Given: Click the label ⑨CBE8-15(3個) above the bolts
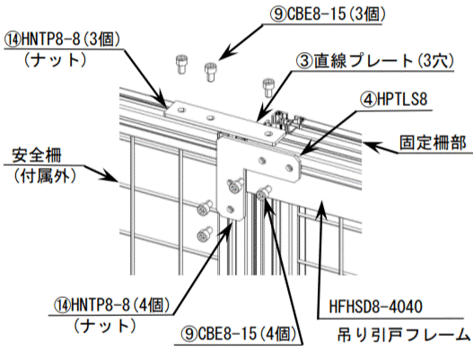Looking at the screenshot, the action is tap(328, 14).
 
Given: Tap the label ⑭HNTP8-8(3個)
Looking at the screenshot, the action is tap(62, 40).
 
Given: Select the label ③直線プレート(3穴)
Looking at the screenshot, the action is tap(374, 61).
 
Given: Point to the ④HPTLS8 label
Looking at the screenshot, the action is tap(394, 100).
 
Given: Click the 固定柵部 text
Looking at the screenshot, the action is tap(433, 143).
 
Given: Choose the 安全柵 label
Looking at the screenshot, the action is tap(37, 155).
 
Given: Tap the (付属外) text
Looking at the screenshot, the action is tap(44, 176).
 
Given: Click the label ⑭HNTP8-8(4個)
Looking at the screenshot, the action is tap(111, 305).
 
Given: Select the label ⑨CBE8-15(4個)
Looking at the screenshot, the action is tap(239, 334).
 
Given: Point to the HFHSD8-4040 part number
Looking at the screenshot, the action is tap(375, 307).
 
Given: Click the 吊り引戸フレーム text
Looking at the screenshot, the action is tap(404, 335).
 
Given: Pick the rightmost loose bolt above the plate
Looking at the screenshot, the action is tap(267, 87).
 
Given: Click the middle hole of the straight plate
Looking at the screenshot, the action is tap(211, 117).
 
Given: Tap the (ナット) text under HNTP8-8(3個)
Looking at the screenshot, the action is tap(55, 60).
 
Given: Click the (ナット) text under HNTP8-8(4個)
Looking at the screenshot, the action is tap(104, 326).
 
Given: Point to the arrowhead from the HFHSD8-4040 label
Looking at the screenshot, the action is tap(321, 211).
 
